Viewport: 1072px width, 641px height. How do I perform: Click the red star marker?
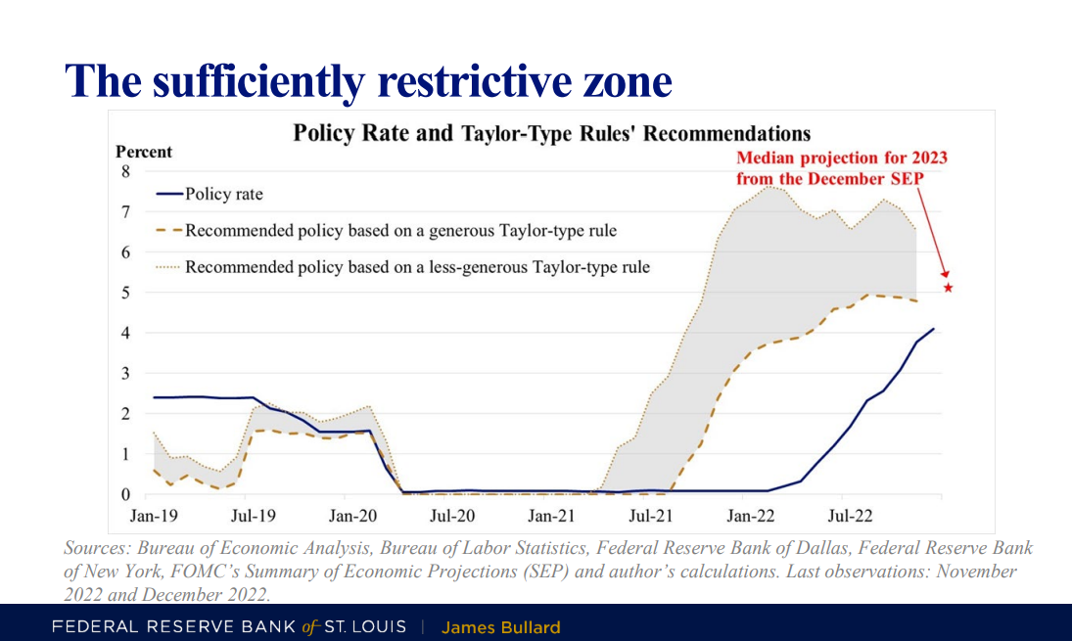pos(948,288)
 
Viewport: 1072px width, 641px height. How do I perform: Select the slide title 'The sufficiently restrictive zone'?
pos(369,80)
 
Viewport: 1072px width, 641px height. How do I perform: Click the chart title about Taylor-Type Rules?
pos(552,133)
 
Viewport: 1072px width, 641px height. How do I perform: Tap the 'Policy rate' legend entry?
pos(223,194)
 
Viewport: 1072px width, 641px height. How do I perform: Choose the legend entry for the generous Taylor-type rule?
pos(400,231)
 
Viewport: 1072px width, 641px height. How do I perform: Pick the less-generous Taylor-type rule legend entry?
pos(417,266)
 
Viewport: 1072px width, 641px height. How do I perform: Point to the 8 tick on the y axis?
pos(124,171)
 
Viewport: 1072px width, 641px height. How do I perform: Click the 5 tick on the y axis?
pos(124,292)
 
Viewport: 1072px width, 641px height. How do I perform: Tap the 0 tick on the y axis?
pos(124,494)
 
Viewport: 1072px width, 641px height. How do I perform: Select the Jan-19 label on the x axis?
pos(154,513)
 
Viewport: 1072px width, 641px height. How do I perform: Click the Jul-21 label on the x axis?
pos(651,513)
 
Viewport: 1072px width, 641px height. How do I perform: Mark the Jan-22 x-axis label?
pos(750,513)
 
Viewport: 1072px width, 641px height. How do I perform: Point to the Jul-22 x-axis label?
pos(850,513)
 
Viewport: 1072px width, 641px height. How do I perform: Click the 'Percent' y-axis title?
pos(144,152)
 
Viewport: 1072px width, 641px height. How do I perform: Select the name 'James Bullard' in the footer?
pos(500,627)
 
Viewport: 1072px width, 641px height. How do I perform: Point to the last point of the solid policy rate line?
pos(934,329)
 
